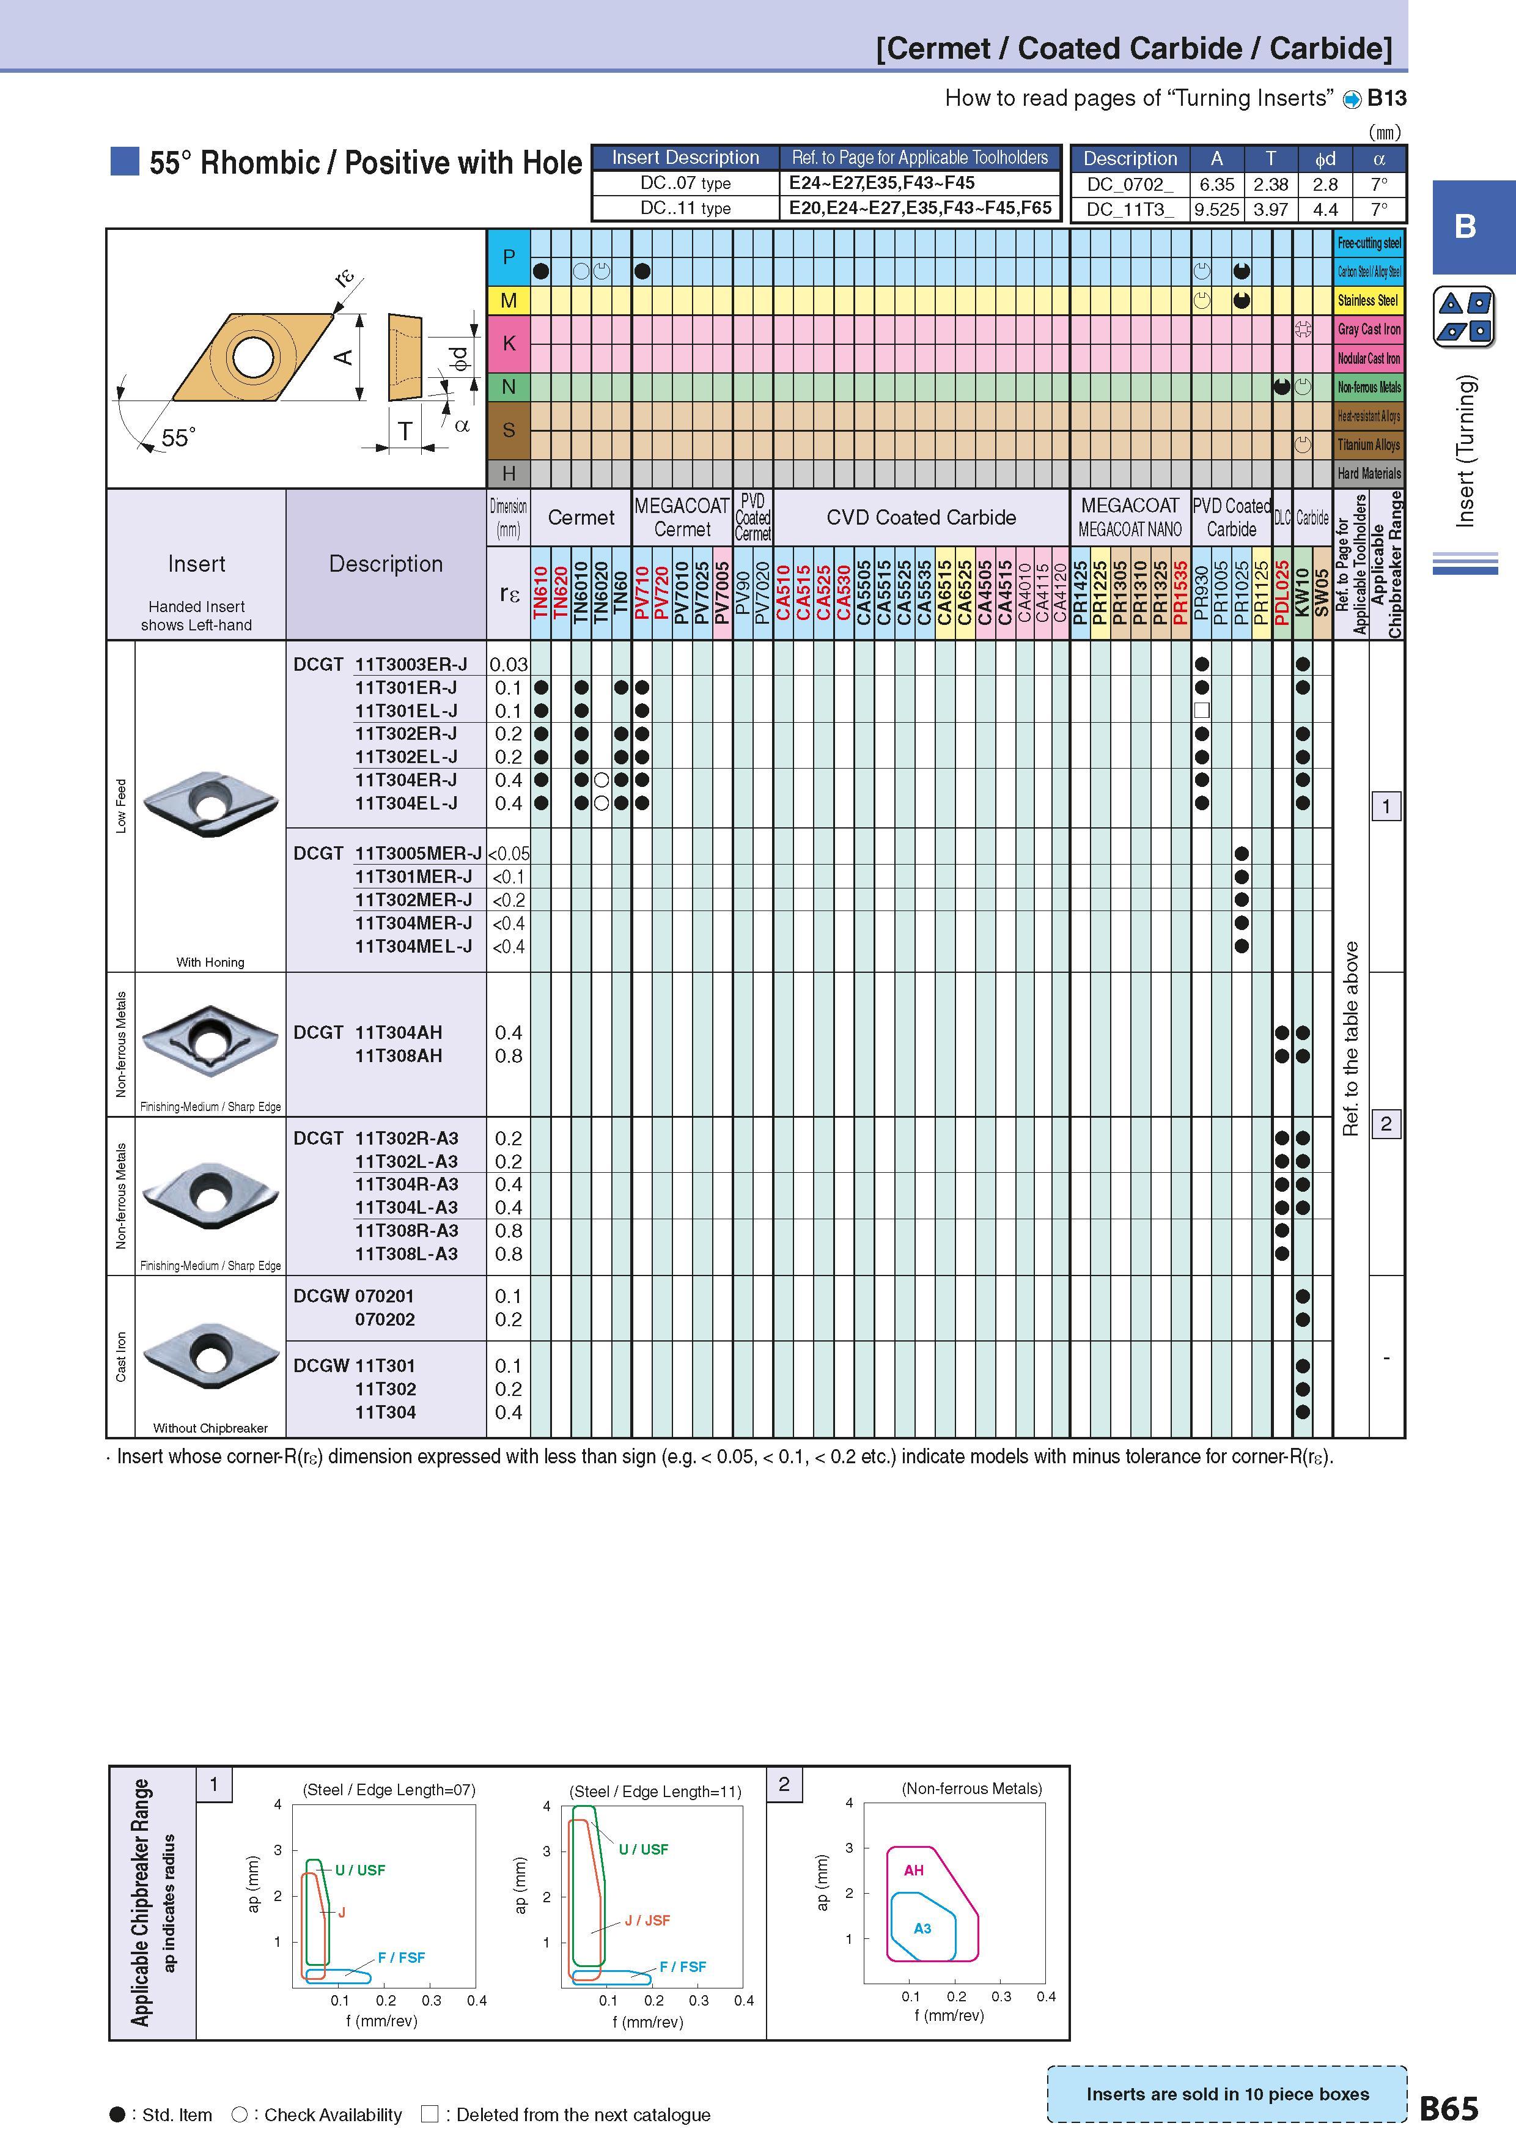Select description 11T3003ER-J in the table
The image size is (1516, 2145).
pyautogui.click(x=411, y=664)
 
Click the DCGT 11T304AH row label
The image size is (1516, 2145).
pyautogui.click(x=368, y=1032)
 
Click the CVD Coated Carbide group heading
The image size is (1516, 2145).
pyautogui.click(x=921, y=517)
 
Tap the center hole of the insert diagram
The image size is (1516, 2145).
pyautogui.click(x=252, y=358)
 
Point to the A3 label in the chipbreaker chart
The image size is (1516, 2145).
pyautogui.click(x=922, y=1927)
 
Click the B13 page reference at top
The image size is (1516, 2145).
pyautogui.click(x=1387, y=98)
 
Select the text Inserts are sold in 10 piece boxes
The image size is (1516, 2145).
pyautogui.click(x=1227, y=2094)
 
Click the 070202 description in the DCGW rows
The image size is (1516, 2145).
pyautogui.click(x=385, y=1319)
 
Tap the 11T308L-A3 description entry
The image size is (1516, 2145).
pyautogui.click(x=407, y=1253)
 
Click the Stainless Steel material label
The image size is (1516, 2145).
pyautogui.click(x=1369, y=300)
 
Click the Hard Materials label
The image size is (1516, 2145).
pyautogui.click(x=1369, y=474)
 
